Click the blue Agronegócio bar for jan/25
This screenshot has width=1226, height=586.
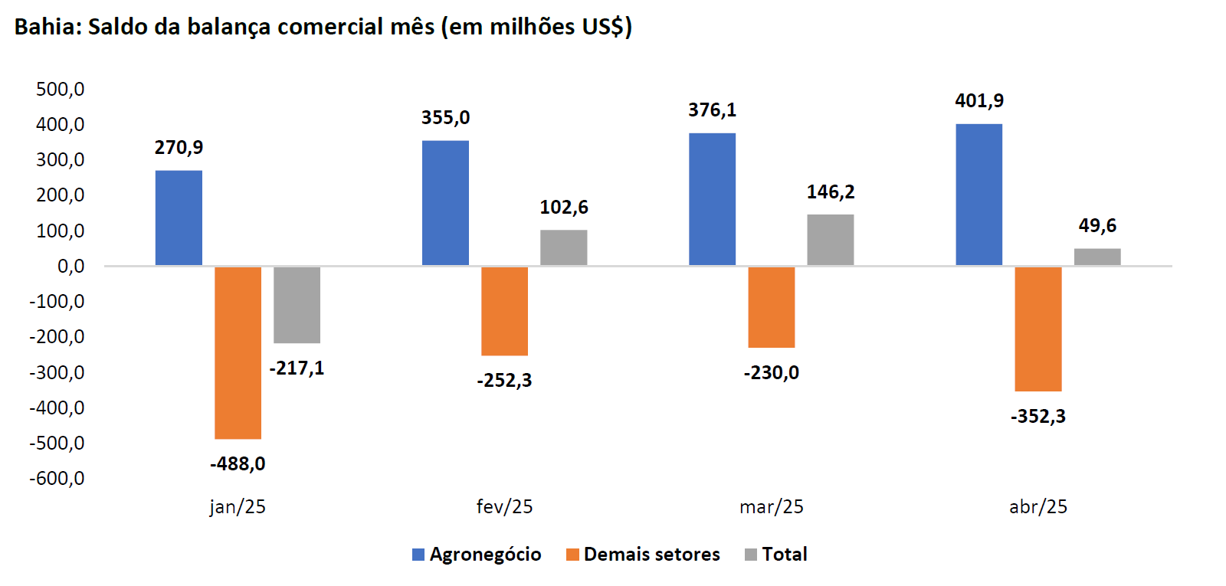click(179, 218)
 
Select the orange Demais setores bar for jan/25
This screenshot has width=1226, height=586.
click(238, 352)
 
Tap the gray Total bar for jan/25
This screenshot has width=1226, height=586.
click(297, 304)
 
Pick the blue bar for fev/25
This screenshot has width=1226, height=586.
click(445, 203)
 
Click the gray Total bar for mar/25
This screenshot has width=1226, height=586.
click(830, 240)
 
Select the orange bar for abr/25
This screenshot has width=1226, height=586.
click(1038, 329)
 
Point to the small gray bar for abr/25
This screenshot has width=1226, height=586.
click(1097, 257)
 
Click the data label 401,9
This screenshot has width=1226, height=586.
click(979, 101)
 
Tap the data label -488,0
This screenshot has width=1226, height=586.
click(238, 463)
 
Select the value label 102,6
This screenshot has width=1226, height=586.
click(564, 208)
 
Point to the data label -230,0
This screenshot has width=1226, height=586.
click(771, 373)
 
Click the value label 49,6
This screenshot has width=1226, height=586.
click(1097, 226)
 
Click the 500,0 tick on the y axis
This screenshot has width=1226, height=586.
click(61, 90)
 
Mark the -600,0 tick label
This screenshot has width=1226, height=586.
click(57, 479)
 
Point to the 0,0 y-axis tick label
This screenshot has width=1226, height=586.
click(70, 267)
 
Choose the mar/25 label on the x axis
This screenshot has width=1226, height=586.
click(771, 507)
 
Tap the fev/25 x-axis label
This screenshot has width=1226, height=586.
click(504, 507)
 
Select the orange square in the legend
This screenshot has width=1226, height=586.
click(572, 555)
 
